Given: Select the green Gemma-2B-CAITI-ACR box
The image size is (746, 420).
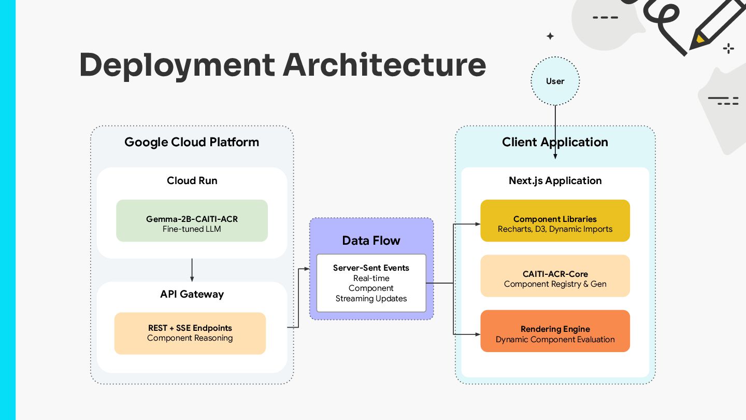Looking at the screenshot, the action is click(192, 221).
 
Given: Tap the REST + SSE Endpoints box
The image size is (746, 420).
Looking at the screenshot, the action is click(190, 333).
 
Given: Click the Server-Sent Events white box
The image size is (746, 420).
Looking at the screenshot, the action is click(371, 283).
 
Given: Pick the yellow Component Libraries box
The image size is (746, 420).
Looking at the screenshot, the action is click(555, 221).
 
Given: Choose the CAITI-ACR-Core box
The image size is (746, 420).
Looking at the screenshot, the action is click(555, 276).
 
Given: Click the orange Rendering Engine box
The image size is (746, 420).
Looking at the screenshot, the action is click(555, 331).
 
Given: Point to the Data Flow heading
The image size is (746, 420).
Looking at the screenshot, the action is click(371, 241).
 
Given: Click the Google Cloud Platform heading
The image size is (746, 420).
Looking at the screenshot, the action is click(192, 142).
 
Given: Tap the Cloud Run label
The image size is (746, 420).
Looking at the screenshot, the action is click(192, 180).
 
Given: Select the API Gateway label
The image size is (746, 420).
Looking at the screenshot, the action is click(192, 295).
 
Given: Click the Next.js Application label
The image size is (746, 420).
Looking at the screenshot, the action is click(555, 181).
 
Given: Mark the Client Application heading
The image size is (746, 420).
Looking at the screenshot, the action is click(555, 142).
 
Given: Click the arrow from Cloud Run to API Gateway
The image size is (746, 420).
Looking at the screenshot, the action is click(192, 270).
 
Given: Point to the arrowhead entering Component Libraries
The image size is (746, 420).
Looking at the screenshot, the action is click(478, 224).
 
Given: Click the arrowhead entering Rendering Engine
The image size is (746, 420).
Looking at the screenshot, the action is click(478, 334).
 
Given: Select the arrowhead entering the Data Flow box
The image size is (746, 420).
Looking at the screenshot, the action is click(307, 269).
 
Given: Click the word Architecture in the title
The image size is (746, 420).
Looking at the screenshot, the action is click(384, 65).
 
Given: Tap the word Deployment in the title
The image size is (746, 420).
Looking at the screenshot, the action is click(177, 66).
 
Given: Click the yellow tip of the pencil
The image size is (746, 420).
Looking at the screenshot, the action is click(699, 39).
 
